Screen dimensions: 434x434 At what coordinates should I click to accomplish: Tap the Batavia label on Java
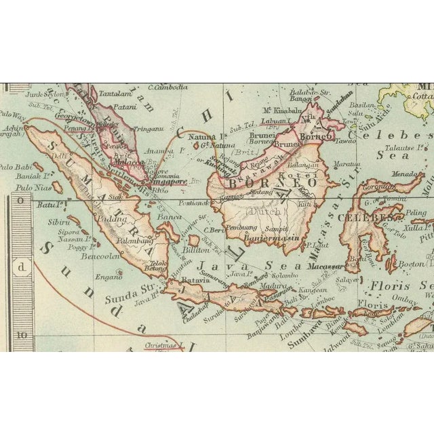pos(195,279)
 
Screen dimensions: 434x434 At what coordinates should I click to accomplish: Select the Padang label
pos(112,218)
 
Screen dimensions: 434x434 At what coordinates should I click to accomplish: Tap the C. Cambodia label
pos(170,87)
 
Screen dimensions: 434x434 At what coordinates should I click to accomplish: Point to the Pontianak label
pos(189,203)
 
